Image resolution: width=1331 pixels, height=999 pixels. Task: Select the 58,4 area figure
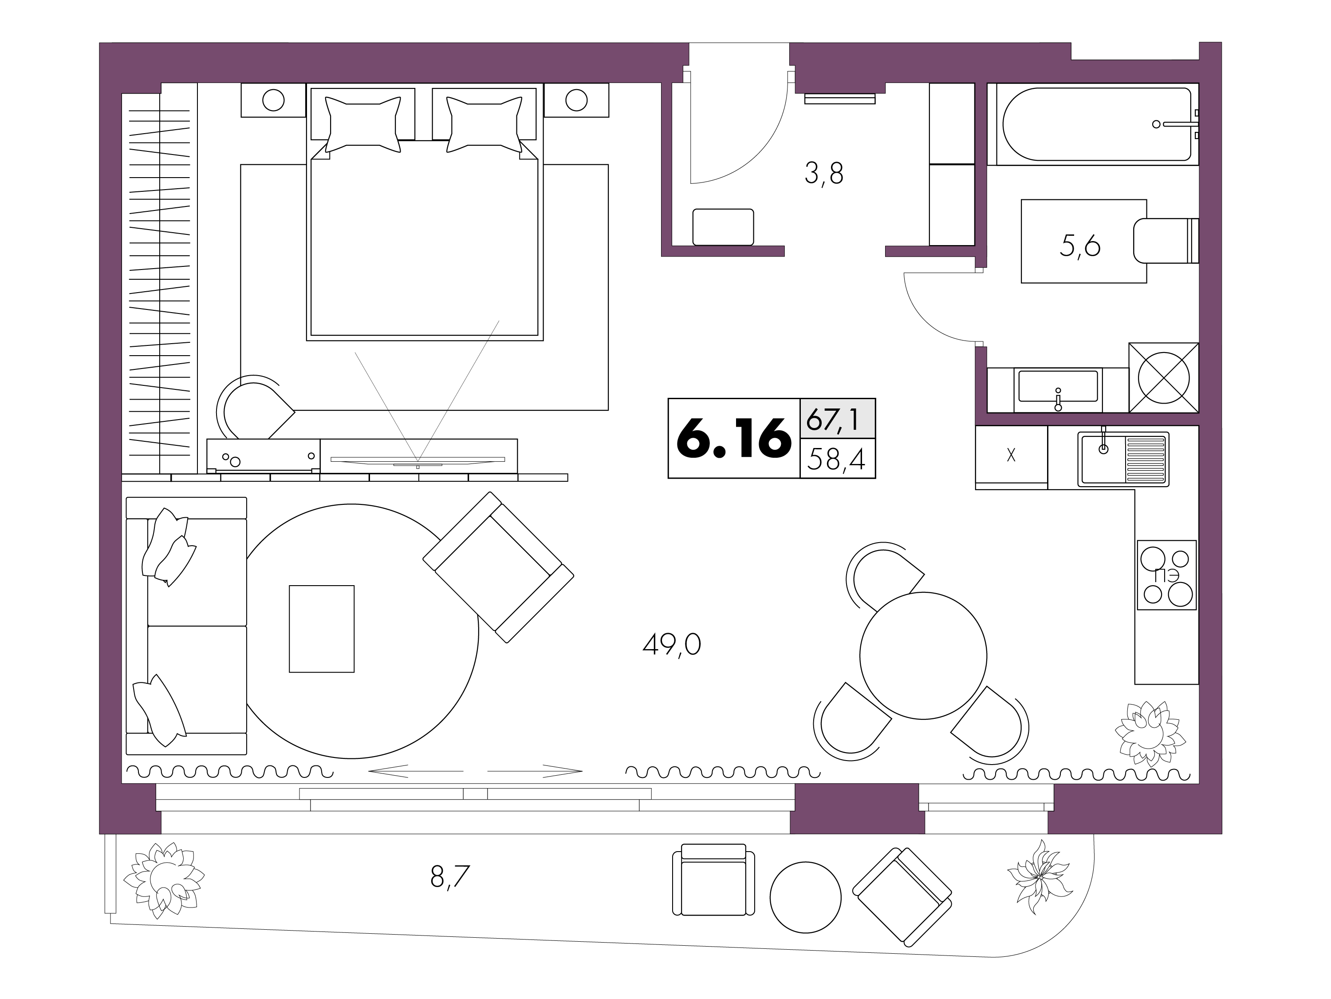(x=836, y=460)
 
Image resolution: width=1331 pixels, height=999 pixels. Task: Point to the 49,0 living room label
(x=672, y=645)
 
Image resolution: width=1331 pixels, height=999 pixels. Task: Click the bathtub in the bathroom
(x=1093, y=124)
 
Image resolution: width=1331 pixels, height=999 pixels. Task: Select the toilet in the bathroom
(x=1166, y=241)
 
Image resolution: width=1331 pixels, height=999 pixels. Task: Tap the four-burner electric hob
(x=1166, y=575)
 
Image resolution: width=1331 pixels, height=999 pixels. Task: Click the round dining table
(x=923, y=656)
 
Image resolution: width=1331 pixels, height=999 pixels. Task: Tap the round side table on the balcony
(x=805, y=897)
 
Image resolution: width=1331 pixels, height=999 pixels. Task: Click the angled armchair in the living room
(x=498, y=567)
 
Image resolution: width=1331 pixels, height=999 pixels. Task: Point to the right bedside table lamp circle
(x=576, y=100)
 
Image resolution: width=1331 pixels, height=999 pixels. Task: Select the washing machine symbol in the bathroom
(x=1164, y=377)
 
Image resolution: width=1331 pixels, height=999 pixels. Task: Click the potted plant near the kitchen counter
(x=1150, y=734)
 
